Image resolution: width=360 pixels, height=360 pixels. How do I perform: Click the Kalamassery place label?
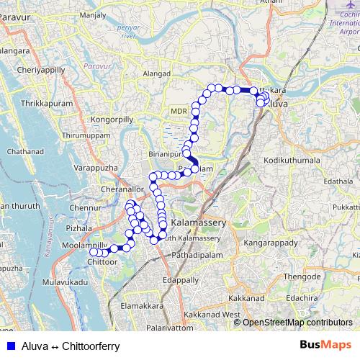click(x=197, y=223)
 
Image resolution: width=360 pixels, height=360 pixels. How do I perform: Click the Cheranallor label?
click(x=123, y=190)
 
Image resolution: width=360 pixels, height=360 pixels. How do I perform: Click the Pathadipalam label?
click(x=198, y=254)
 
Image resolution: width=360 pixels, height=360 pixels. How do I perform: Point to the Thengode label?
click(x=297, y=276)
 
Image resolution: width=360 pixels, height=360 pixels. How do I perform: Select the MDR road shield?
click(x=178, y=111)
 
